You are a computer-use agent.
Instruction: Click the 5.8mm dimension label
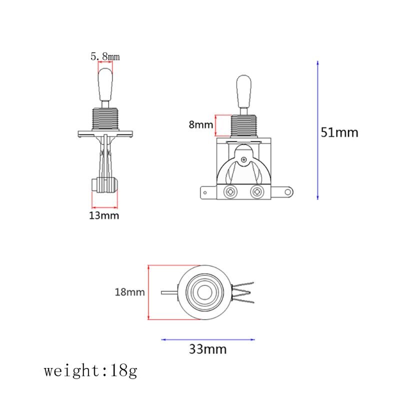click(105, 56)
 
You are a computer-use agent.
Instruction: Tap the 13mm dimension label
click(104, 215)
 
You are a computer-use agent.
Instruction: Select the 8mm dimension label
click(200, 124)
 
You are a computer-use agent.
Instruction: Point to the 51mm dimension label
click(339, 132)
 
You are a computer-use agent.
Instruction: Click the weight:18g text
click(90, 371)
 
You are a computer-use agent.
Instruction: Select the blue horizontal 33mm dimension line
click(208, 339)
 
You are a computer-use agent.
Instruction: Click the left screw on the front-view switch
click(231, 191)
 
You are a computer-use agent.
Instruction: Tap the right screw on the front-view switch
click(257, 191)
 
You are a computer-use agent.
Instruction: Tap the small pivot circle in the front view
click(243, 160)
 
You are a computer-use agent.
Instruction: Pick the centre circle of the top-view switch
click(204, 292)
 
